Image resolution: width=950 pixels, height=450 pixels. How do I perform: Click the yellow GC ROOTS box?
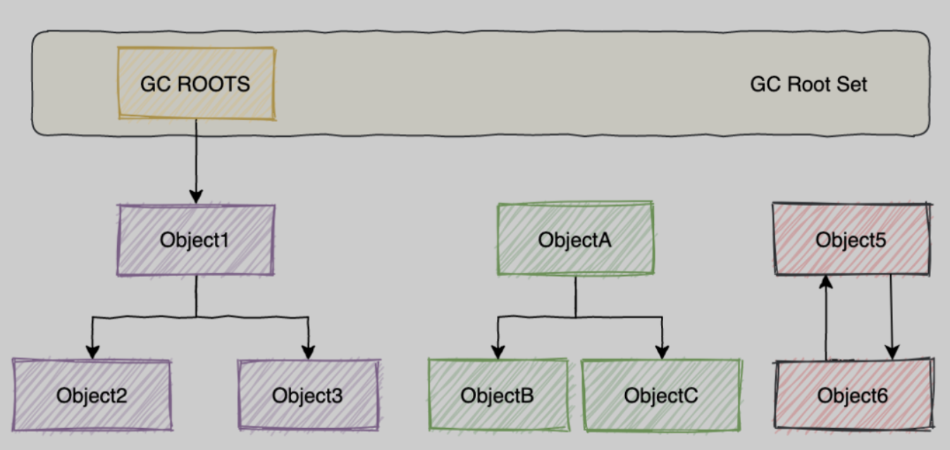pyautogui.click(x=195, y=84)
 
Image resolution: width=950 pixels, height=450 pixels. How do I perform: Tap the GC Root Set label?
pyautogui.click(x=808, y=85)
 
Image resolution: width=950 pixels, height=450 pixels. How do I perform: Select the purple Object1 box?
pyautogui.click(x=195, y=240)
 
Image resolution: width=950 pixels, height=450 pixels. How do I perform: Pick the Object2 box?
pyautogui.click(x=92, y=395)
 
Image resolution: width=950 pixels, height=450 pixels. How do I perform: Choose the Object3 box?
pyautogui.click(x=308, y=395)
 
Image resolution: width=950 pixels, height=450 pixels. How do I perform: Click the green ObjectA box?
pyautogui.click(x=575, y=240)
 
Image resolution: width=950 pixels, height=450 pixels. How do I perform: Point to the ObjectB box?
pyautogui.click(x=498, y=395)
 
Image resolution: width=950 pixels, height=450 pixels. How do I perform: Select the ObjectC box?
pyautogui.click(x=661, y=395)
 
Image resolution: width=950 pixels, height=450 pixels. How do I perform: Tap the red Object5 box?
pyautogui.click(x=851, y=240)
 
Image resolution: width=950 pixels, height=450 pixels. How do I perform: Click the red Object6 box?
pyautogui.click(x=853, y=395)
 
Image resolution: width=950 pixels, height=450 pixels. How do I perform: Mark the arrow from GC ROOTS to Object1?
pyautogui.click(x=196, y=162)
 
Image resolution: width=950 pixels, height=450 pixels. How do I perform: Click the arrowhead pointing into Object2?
pyautogui.click(x=92, y=351)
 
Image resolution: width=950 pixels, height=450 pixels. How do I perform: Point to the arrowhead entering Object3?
pyautogui.click(x=308, y=351)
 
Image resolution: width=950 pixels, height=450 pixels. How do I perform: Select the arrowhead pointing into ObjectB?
pyautogui.click(x=498, y=351)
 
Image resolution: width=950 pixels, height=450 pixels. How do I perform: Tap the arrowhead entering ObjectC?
pyautogui.click(x=661, y=351)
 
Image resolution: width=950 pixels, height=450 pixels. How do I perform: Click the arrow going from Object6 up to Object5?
pyautogui.click(x=826, y=317)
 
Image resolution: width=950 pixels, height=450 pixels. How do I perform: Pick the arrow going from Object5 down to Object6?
pyautogui.click(x=892, y=317)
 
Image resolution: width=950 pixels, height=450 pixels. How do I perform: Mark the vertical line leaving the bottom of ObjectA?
pyautogui.click(x=575, y=296)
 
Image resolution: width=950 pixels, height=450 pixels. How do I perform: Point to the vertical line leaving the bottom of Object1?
pyautogui.click(x=196, y=296)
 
